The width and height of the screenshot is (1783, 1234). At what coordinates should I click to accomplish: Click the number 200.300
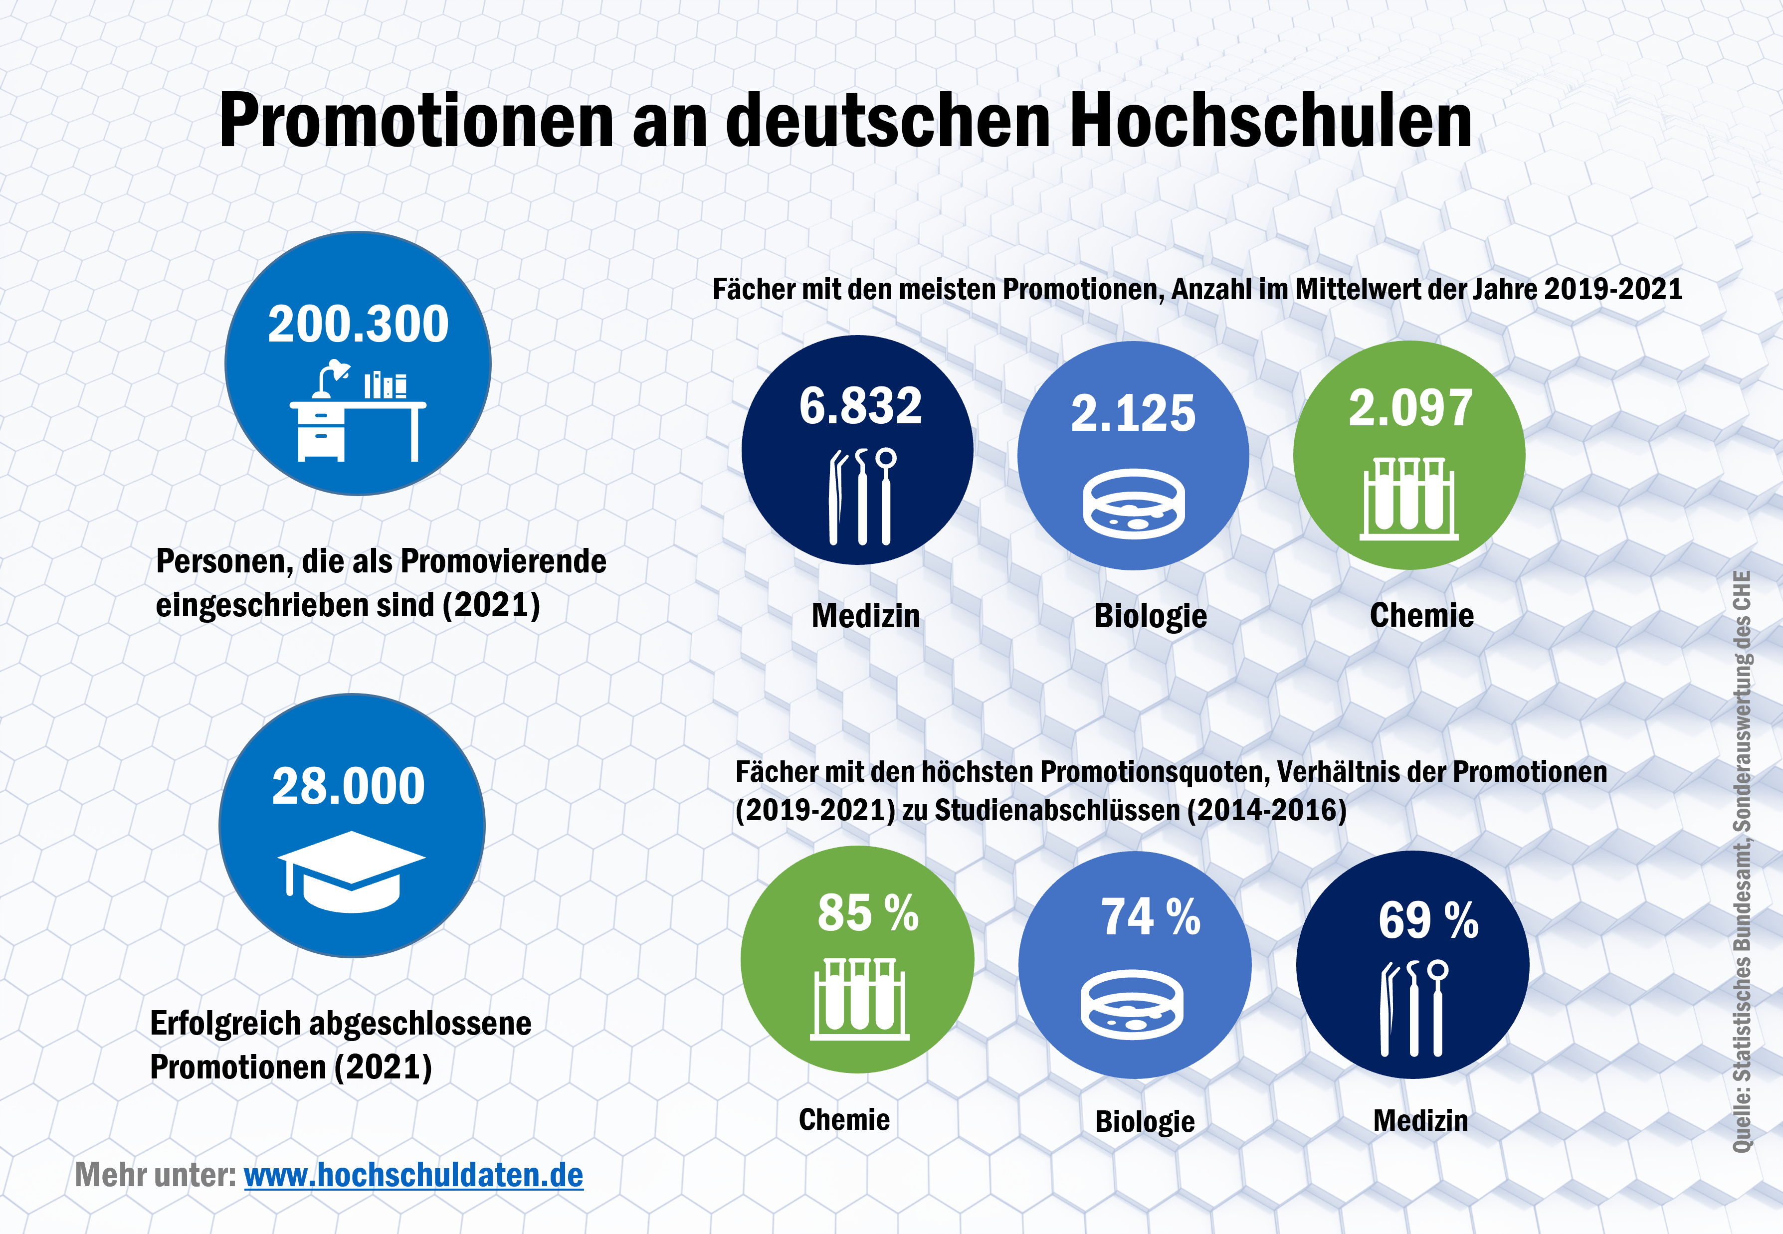coord(358,324)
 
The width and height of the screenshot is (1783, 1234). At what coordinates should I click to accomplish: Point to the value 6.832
coord(860,405)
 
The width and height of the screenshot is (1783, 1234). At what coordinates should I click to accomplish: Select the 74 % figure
coord(1151,918)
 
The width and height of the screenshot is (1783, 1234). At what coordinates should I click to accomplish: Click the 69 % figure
coord(1428,921)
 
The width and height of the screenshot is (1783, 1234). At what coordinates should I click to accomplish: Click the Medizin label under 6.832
coord(866,616)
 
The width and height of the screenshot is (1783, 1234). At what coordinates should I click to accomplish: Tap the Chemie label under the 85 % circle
coord(844,1119)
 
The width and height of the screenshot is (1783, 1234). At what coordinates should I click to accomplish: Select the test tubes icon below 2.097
coord(1409,498)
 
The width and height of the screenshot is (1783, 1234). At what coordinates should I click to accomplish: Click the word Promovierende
coord(503,561)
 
